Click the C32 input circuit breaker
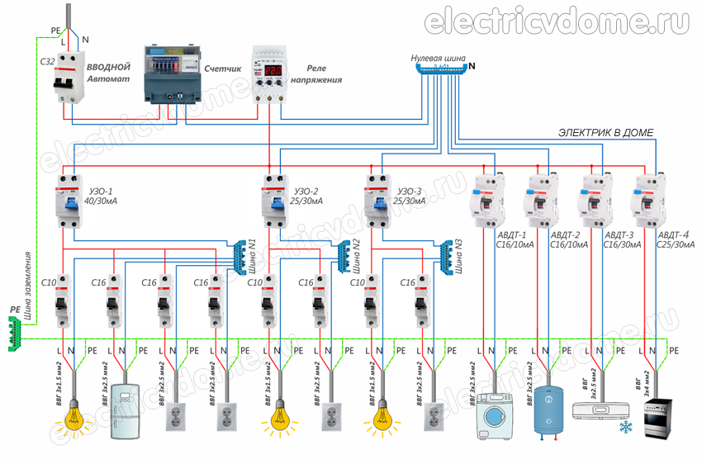pyautogui.click(x=66, y=80)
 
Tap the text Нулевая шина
pyautogui.click(x=438, y=59)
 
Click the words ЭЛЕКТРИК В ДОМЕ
pyautogui.click(x=606, y=133)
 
